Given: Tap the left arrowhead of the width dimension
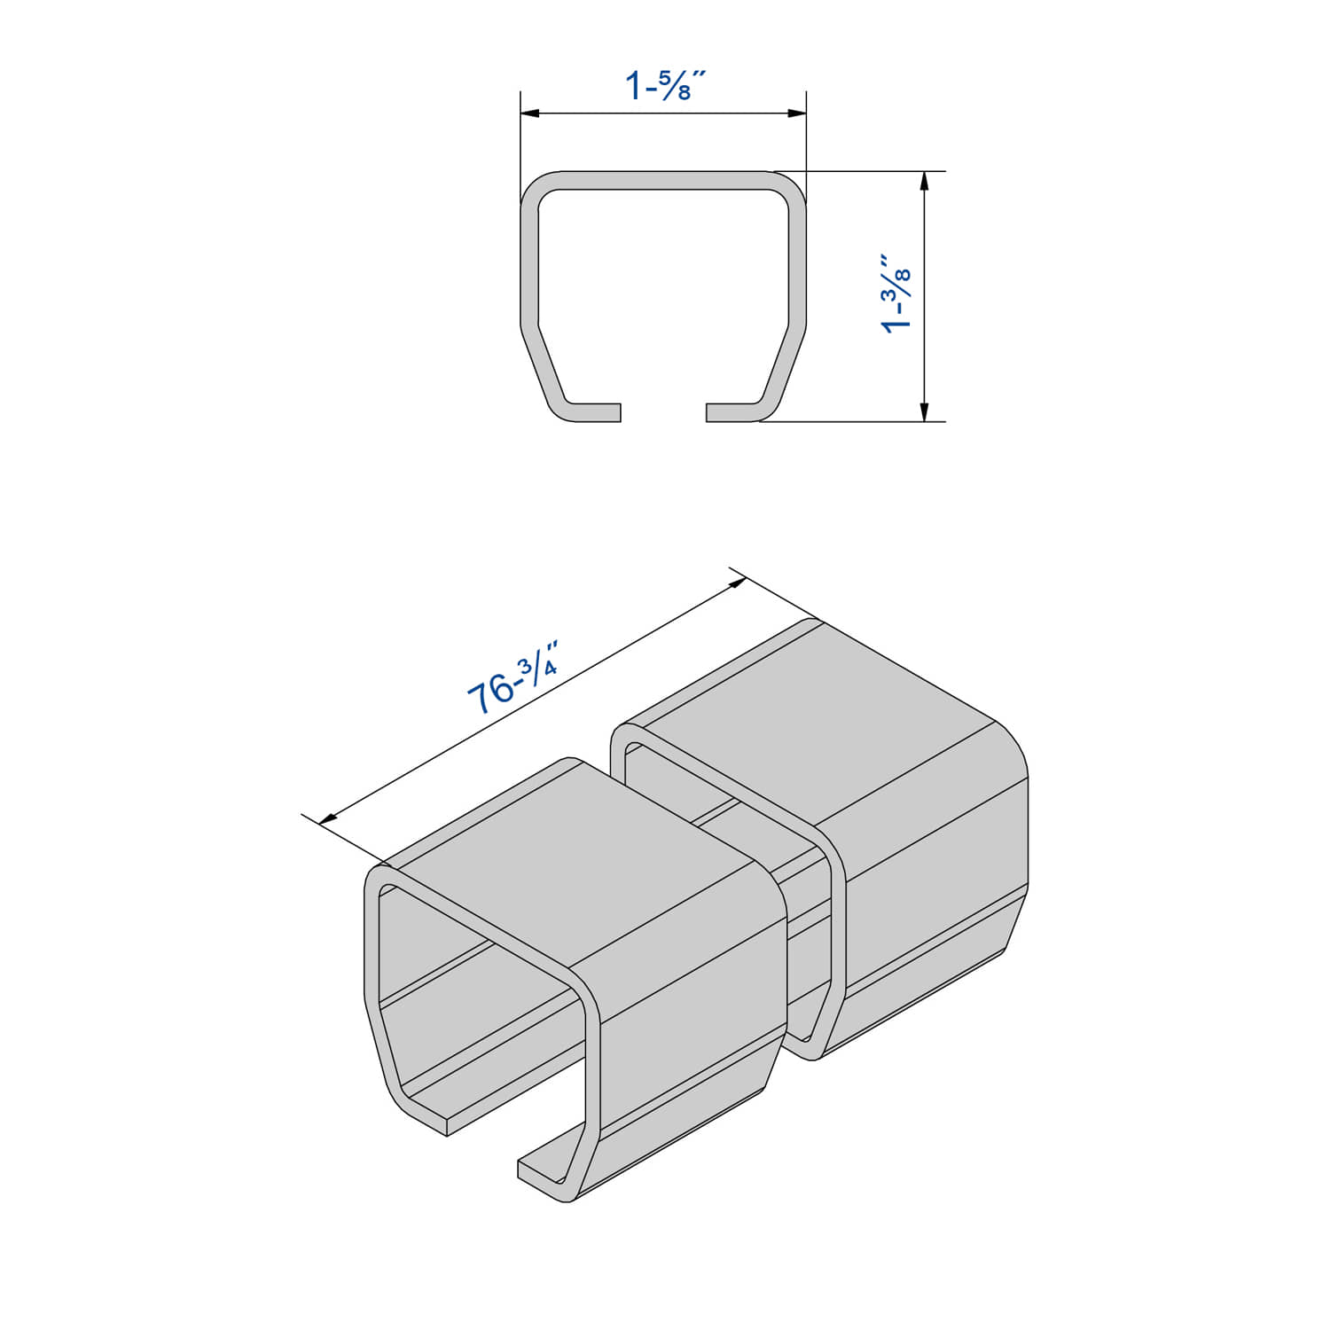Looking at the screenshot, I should [530, 113].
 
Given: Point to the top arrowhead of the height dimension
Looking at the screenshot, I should [924, 181].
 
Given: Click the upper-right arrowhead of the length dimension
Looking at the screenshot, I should [736, 582].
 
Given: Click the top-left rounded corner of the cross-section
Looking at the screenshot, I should [537, 189].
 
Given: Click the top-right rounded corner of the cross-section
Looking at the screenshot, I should [789, 189].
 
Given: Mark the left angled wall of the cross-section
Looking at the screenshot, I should [544, 368].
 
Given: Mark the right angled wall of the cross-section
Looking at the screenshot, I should [783, 368].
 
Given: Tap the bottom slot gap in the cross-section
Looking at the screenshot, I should [663, 412].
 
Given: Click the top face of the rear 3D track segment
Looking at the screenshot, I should [825, 709].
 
